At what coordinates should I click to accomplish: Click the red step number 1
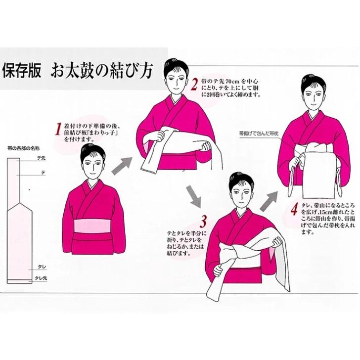[x=58, y=129]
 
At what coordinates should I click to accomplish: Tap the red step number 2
[x=194, y=85]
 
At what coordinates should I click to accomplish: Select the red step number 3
[x=203, y=222]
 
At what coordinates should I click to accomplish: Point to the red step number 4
[x=294, y=209]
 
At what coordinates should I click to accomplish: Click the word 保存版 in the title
[x=22, y=71]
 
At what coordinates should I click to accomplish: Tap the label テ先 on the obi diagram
[x=42, y=158]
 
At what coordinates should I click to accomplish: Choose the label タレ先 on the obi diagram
[x=41, y=278]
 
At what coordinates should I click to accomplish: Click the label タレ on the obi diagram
[x=42, y=267]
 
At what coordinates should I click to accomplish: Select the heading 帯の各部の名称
[x=23, y=148]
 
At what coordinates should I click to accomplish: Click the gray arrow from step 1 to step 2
[x=122, y=166]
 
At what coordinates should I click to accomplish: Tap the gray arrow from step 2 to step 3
[x=193, y=196]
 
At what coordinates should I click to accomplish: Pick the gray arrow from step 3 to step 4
[x=269, y=201]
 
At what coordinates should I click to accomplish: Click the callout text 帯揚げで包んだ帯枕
[x=259, y=133]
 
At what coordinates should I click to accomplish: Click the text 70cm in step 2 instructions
[x=233, y=81]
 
